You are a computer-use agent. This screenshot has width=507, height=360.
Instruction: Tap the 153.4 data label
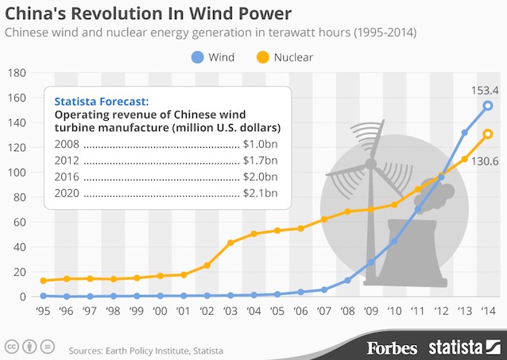click(x=478, y=90)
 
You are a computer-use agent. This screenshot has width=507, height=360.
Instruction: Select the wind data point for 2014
click(x=488, y=106)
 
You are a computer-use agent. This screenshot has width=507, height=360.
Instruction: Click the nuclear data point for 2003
click(x=230, y=242)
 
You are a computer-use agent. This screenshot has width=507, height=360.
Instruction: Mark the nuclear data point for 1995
click(x=45, y=281)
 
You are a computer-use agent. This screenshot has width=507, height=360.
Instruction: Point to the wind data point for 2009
click(x=370, y=262)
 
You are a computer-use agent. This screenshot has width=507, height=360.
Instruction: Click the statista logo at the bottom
click(x=463, y=347)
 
